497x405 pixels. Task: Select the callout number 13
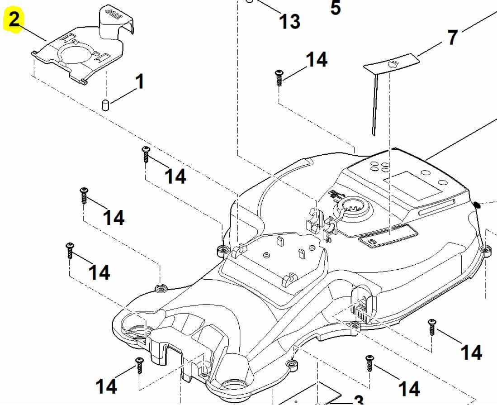[289, 22]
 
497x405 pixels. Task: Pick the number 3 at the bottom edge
[358, 400]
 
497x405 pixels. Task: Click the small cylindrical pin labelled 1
[105, 105]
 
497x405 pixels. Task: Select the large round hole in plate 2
[76, 53]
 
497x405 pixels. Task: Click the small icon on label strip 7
[393, 63]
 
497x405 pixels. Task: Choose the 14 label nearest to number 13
[316, 60]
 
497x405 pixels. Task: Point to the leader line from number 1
[123, 96]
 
